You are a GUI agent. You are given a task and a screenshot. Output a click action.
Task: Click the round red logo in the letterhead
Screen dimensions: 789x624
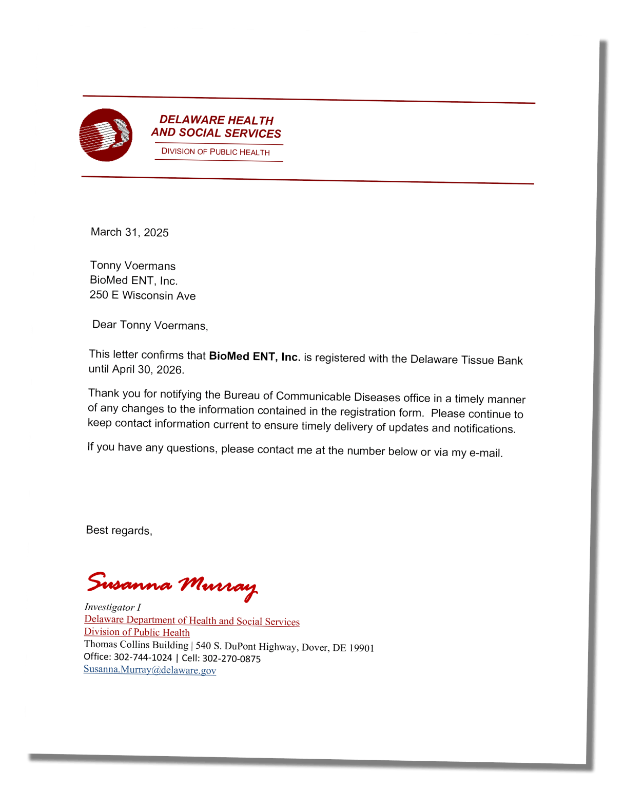tap(106, 135)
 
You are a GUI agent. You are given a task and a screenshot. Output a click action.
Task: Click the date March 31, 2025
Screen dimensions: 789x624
tap(129, 232)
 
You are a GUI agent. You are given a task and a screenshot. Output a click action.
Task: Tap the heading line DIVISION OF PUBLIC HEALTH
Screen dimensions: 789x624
tap(216, 152)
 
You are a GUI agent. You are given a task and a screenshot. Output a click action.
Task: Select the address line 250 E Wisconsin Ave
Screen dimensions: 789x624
tap(143, 295)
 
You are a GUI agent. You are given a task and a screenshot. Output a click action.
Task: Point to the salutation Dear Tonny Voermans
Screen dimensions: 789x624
tap(150, 325)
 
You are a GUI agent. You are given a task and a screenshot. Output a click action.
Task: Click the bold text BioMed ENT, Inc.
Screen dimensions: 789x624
tap(255, 356)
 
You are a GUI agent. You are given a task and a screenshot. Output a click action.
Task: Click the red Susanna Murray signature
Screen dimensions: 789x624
tap(171, 585)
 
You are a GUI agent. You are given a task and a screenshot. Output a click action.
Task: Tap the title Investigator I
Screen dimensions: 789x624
tap(112, 607)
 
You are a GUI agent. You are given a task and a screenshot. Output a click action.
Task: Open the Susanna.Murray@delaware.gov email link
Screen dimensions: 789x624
tap(150, 670)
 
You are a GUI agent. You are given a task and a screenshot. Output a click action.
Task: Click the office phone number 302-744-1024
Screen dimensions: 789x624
tap(143, 657)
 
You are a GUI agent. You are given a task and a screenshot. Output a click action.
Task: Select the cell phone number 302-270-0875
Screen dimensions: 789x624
tap(231, 659)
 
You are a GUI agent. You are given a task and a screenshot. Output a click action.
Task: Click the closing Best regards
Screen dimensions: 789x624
tap(119, 530)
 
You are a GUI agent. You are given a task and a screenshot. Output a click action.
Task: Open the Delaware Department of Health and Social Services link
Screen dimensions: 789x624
tap(192, 621)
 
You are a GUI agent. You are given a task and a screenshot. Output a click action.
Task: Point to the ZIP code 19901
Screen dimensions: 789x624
tap(361, 648)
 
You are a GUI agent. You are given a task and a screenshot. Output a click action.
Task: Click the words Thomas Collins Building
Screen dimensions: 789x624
tap(136, 645)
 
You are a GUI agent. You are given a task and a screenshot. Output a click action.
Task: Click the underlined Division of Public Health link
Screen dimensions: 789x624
tap(137, 632)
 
